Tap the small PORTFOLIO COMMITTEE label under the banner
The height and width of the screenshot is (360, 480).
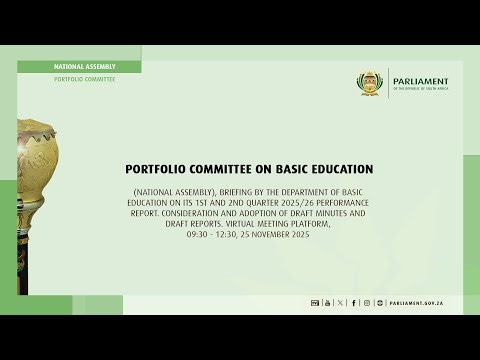click(x=85, y=79)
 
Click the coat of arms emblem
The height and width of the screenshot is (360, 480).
click(x=372, y=83)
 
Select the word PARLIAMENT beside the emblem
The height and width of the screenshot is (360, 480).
click(x=421, y=81)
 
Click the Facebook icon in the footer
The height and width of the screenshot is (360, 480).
click(x=354, y=302)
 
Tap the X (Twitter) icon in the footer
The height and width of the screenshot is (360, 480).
click(x=340, y=302)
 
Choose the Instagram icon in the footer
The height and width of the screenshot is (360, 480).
click(x=367, y=302)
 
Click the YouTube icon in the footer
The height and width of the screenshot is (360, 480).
click(x=326, y=302)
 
